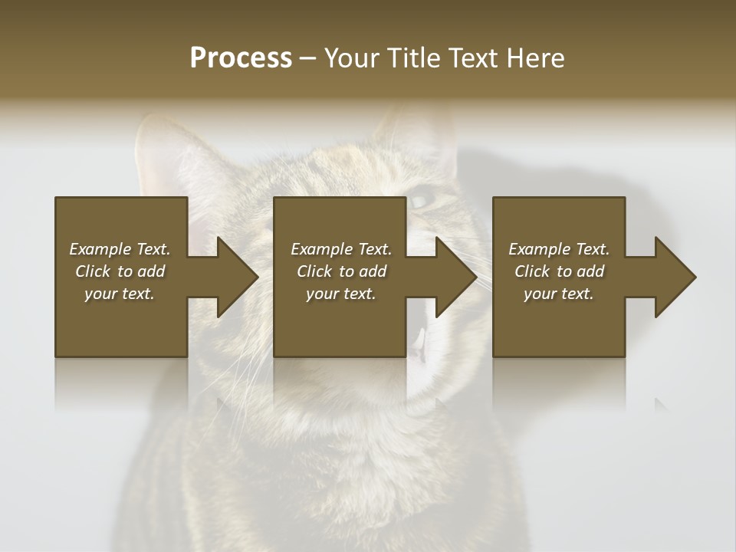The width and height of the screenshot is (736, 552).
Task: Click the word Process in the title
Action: pos(241,58)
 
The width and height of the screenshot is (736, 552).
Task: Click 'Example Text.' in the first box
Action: pos(120,249)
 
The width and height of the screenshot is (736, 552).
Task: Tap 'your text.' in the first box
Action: pos(120,294)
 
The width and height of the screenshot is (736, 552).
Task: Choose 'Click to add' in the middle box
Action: pos(341,271)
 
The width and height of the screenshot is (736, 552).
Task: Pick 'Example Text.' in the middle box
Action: pos(341,249)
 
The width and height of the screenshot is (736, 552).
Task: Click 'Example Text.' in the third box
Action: pos(559,249)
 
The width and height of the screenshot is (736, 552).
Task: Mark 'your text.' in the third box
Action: pos(559,294)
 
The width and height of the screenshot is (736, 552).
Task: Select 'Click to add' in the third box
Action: pos(559,271)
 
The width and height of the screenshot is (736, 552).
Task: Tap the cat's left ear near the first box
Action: pos(165,157)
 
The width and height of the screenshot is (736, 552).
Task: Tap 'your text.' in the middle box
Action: pos(341,294)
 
